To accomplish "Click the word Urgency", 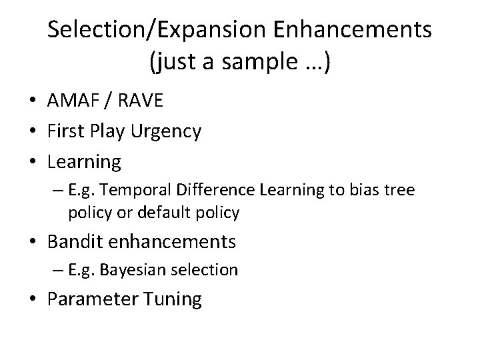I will [167, 132].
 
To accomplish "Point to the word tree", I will [398, 191].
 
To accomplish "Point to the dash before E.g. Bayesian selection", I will [59, 270].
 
